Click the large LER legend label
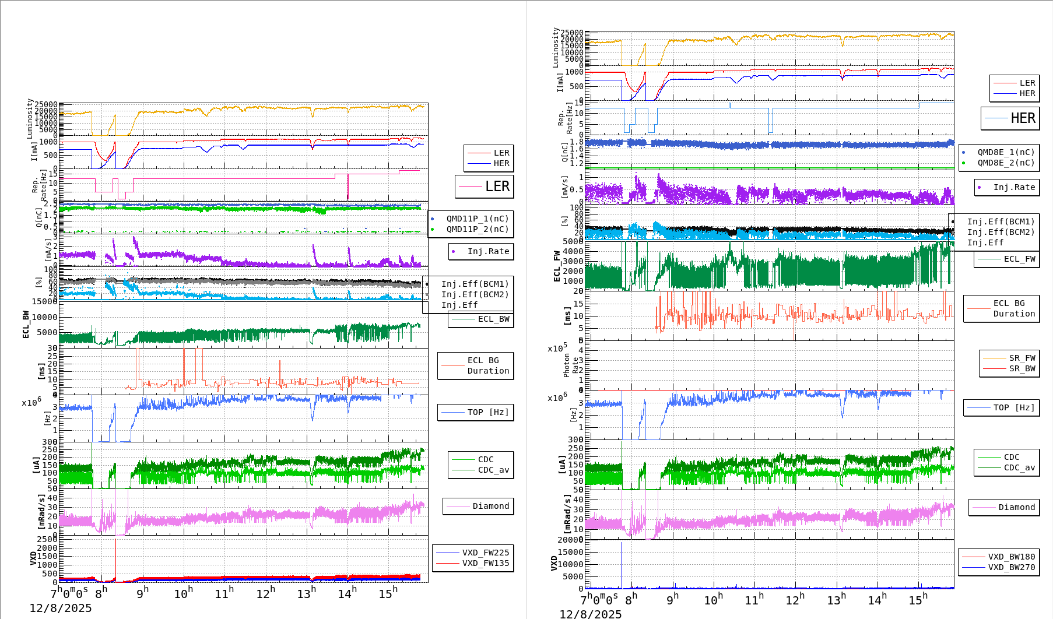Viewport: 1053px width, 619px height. pos(497,187)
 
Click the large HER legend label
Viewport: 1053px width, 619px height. pos(1023,118)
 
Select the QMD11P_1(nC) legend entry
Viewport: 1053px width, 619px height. pos(477,219)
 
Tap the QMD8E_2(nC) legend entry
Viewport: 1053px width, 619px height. pos(1006,163)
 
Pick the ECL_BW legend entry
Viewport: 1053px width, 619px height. pos(493,319)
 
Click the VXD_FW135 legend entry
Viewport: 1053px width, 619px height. pos(485,563)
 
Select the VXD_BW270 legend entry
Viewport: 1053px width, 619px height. pos(1011,567)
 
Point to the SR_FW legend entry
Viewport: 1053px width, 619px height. pos(1022,358)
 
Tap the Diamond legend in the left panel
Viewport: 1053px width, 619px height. pos(490,506)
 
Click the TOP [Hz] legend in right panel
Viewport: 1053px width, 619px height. pos(1014,407)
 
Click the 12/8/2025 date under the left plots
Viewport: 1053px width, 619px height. pos(61,608)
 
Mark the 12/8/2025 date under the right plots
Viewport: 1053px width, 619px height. pos(590,614)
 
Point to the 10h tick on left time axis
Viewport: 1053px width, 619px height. pos(183,593)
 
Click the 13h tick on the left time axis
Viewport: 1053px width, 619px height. pos(306,593)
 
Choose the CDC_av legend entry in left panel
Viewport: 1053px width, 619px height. pos(493,470)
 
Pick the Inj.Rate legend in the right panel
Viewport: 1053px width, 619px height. pos(1014,187)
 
